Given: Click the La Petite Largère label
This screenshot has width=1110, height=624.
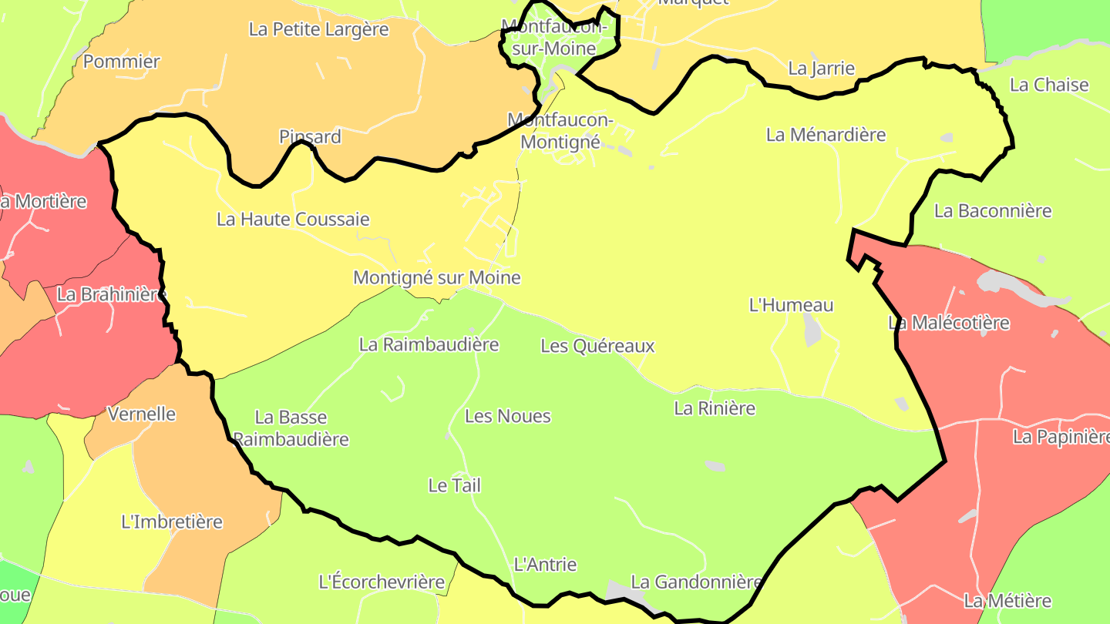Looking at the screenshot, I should tap(318, 29).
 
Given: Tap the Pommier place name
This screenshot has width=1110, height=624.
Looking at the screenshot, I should tap(121, 62).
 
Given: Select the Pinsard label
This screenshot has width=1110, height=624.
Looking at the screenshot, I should tap(310, 137).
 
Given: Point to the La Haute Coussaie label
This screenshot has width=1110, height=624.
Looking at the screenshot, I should tap(293, 220).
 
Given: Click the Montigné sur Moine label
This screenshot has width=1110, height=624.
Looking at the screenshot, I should tap(436, 277).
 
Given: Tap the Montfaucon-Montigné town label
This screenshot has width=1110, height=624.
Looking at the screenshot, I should tap(560, 131).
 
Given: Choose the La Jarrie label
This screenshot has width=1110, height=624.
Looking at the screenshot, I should tap(821, 69).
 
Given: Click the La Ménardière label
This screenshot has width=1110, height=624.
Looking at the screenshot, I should tap(826, 135).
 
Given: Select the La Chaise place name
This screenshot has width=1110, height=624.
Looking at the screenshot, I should tap(1048, 85).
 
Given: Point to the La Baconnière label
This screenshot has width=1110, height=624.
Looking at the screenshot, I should tap(993, 210).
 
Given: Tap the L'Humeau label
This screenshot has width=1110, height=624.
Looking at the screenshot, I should tap(791, 305).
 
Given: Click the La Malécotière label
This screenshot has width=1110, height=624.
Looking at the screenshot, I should tap(948, 323).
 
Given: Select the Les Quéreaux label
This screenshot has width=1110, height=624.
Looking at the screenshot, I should tap(597, 346).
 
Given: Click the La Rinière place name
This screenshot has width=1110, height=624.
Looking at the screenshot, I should tap(715, 408).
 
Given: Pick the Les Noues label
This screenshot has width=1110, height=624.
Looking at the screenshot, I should tap(508, 417).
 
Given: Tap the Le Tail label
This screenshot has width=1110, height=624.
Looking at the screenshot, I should tap(454, 485).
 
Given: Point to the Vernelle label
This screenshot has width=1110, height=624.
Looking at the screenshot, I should tap(142, 414).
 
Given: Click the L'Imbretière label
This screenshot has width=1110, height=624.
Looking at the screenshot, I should tap(172, 522).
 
